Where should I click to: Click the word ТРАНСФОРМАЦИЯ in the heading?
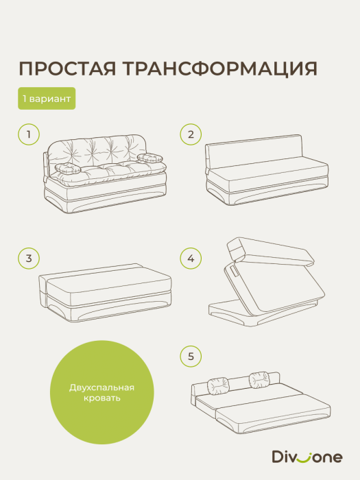(x=218, y=69)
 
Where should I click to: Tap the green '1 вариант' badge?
(x=47, y=99)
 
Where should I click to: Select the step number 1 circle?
(x=28, y=134)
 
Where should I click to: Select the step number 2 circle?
(x=191, y=134)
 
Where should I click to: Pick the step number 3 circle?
(x=28, y=259)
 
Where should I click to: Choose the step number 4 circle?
(x=191, y=259)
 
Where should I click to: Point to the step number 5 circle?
(x=191, y=356)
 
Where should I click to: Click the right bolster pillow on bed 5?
(x=259, y=378)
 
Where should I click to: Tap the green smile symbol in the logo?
(x=303, y=457)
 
